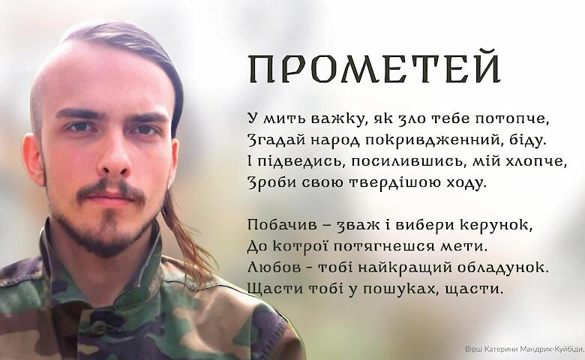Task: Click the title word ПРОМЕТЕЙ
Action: [374, 69]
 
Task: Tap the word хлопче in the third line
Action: [536, 161]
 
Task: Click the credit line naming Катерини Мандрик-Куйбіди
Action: [524, 349]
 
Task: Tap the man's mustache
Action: [111, 189]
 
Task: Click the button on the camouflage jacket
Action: [100, 328]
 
